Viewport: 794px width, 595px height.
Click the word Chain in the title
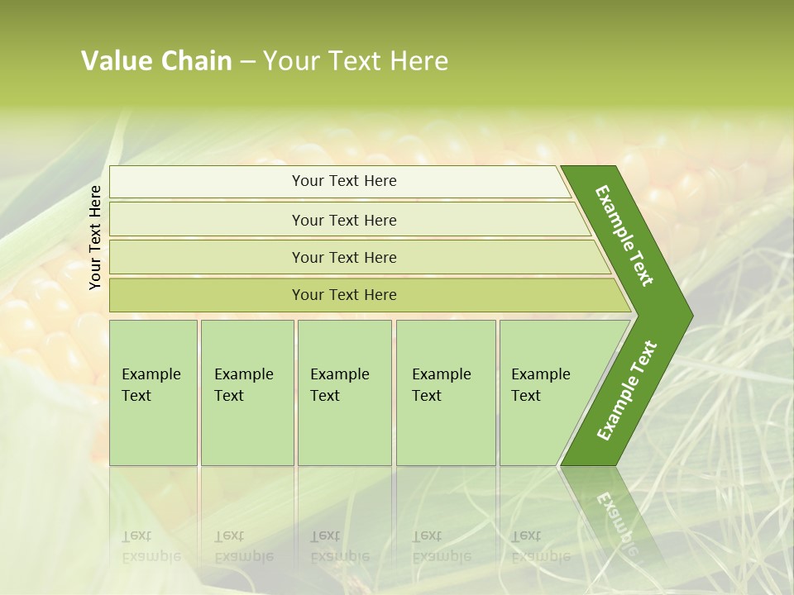click(x=197, y=61)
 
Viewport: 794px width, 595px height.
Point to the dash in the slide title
click(x=247, y=62)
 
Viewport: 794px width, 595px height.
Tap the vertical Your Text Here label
click(x=95, y=237)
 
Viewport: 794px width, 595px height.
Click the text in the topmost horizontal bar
click(x=344, y=181)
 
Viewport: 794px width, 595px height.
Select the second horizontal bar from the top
click(x=344, y=220)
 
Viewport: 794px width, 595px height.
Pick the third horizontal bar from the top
click(x=344, y=258)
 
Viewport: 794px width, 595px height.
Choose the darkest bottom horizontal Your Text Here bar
click(x=344, y=295)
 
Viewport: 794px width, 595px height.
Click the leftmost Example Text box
click(x=153, y=393)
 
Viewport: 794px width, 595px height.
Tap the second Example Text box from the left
click(x=247, y=393)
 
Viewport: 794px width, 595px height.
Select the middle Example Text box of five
click(x=344, y=393)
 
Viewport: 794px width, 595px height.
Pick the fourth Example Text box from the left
click(x=446, y=393)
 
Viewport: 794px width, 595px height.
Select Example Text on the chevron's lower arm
click(x=627, y=391)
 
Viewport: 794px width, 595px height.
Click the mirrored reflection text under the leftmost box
click(x=151, y=546)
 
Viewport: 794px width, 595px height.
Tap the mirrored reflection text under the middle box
click(x=339, y=546)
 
